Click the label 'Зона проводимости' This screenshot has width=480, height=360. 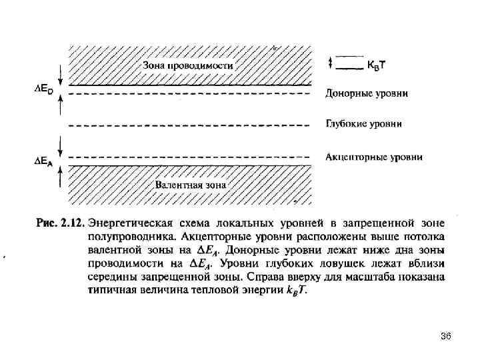pyautogui.click(x=188, y=66)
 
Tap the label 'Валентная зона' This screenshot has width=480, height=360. pyautogui.click(x=191, y=183)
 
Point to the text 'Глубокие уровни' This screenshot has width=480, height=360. pyautogui.click(x=363, y=124)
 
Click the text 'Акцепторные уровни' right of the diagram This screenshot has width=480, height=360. pyautogui.click(x=373, y=157)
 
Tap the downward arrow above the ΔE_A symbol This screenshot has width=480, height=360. pyautogui.click(x=61, y=145)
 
